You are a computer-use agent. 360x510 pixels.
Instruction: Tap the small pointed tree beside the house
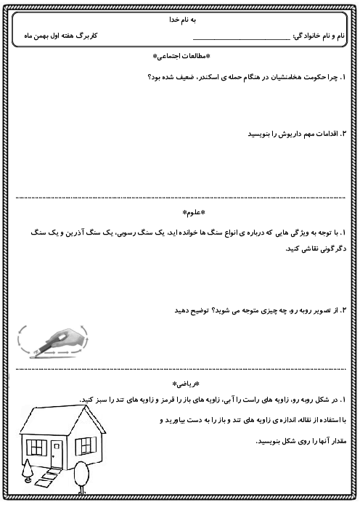click(x=27, y=472)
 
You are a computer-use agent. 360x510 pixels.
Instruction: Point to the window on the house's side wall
click(x=86, y=445)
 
